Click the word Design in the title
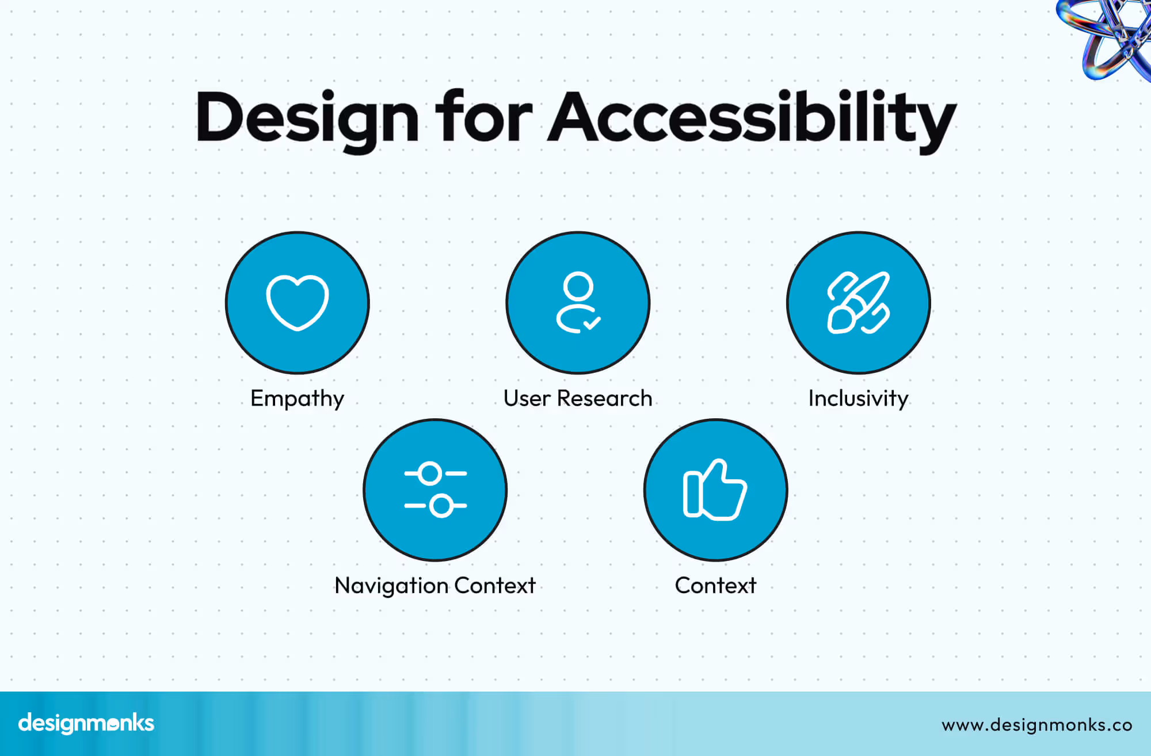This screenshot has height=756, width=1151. click(x=307, y=118)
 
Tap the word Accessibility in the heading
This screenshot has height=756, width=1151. click(x=752, y=118)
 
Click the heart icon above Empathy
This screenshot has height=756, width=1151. click(x=298, y=303)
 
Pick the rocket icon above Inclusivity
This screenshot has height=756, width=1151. click(x=858, y=303)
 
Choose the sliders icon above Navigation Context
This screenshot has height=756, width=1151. click(x=435, y=490)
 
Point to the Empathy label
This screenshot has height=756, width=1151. click(x=297, y=399)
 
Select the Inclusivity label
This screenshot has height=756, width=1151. click(x=858, y=398)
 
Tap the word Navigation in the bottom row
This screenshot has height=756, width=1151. click(x=391, y=586)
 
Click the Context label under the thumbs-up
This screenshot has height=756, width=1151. click(x=715, y=585)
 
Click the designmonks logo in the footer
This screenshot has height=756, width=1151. click(x=86, y=723)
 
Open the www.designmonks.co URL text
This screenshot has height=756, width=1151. click(x=1037, y=725)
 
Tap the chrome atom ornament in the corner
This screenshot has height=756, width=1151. click(x=1108, y=35)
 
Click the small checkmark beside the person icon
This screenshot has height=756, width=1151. click(x=592, y=323)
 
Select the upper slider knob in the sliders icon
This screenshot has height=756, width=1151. click(x=430, y=474)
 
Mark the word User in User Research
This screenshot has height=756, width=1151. click(x=527, y=398)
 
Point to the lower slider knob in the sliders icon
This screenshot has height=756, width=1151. click(x=441, y=506)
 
